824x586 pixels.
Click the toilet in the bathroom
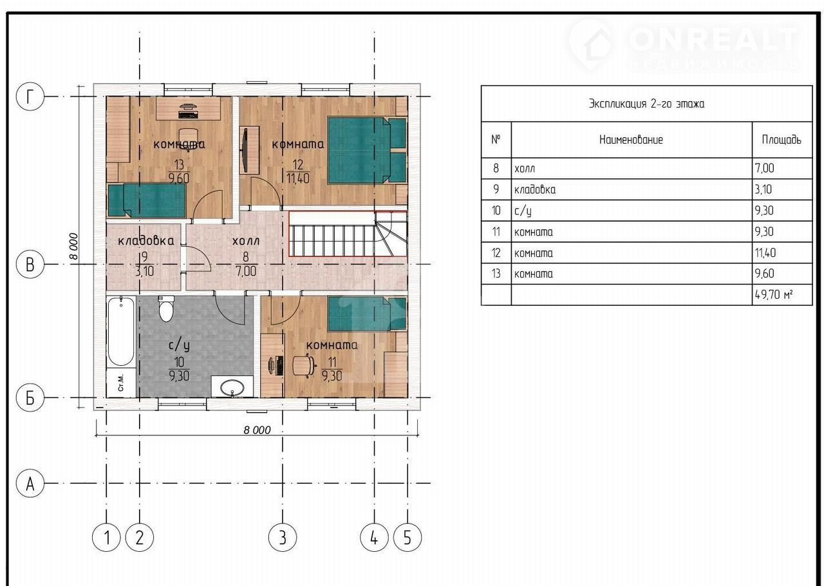point(165,308)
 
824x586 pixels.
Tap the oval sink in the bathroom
point(232,388)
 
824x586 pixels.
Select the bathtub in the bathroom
point(120,331)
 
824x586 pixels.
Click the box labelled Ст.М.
point(121,383)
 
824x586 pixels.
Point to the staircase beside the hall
point(348,233)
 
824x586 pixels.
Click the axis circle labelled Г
point(30,97)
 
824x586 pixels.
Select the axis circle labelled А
point(30,484)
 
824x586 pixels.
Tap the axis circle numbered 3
point(282,538)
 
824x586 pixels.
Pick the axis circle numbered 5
point(407,538)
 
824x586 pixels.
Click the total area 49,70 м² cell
point(782,294)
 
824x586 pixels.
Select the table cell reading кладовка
point(632,189)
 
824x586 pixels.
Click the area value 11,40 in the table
point(782,252)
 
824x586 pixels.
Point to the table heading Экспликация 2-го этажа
point(646,104)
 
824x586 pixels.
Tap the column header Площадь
point(782,140)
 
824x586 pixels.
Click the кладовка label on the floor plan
point(145,241)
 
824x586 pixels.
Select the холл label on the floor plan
point(246,241)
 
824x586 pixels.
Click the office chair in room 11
point(304,365)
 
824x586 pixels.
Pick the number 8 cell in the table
point(496,169)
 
